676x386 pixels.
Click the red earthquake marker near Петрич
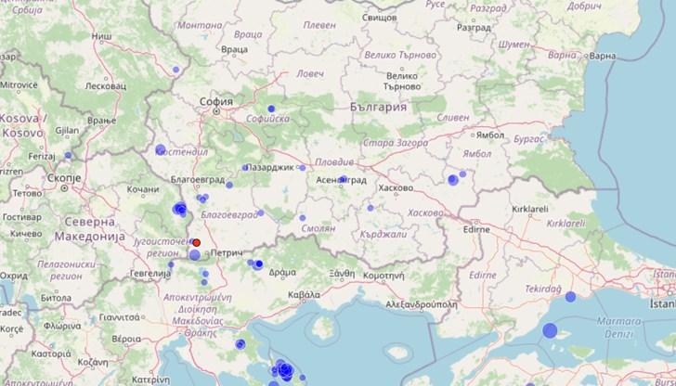(x=196, y=242)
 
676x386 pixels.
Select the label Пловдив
(x=333, y=161)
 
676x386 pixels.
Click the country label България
(x=379, y=108)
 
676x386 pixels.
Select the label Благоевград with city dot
(x=174, y=174)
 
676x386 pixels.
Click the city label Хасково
(x=396, y=187)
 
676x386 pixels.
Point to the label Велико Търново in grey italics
(x=399, y=55)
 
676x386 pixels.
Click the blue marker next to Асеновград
(x=343, y=178)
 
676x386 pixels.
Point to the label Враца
(x=235, y=48)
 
